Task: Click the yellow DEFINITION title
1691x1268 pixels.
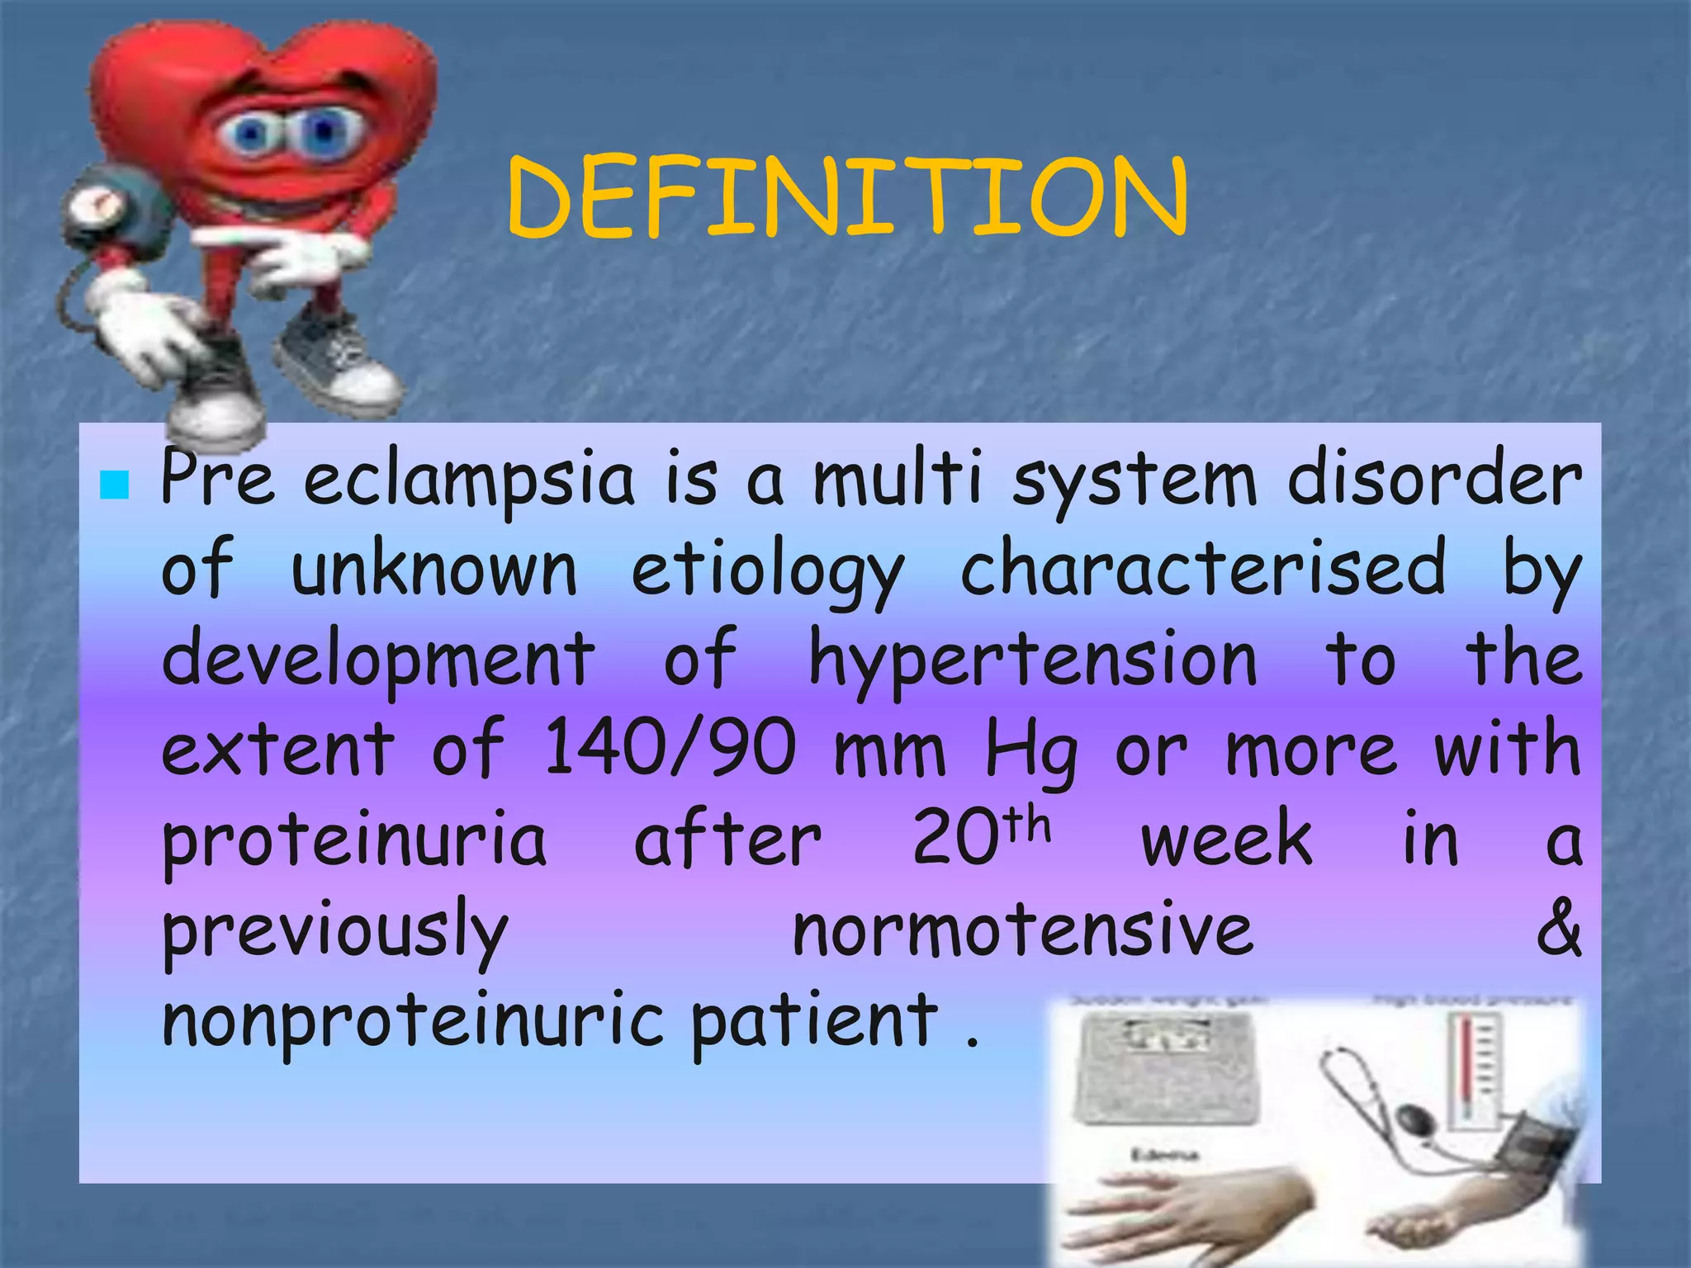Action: click(846, 198)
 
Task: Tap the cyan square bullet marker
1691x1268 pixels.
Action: click(114, 485)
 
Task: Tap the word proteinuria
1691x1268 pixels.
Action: click(353, 842)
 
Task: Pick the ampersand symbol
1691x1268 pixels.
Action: click(1559, 929)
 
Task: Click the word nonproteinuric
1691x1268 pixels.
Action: click(413, 1021)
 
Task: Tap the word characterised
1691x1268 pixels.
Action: click(1203, 570)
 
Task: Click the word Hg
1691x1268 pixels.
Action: click(1030, 751)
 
